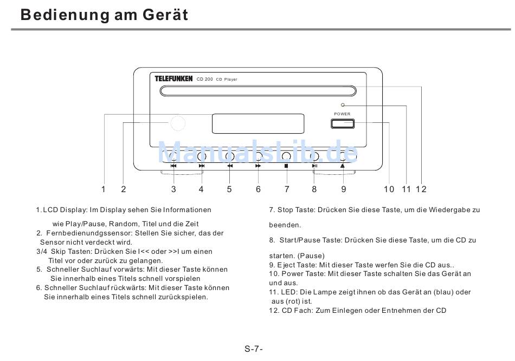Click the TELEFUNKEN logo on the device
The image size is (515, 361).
[173, 79]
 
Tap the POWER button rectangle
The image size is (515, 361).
[342, 123]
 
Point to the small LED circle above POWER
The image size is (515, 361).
[342, 106]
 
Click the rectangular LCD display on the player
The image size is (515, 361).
[257, 123]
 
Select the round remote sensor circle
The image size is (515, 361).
[177, 123]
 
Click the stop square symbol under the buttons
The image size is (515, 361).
[286, 166]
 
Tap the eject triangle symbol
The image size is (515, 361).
[343, 166]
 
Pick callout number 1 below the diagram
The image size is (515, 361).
[103, 189]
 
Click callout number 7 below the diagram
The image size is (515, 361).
[286, 189]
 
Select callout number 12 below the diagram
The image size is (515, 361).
[421, 189]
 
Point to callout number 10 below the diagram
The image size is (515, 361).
[389, 189]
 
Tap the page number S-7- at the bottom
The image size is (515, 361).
[254, 349]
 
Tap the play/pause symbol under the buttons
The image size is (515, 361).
[314, 166]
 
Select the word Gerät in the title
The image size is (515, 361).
[165, 15]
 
